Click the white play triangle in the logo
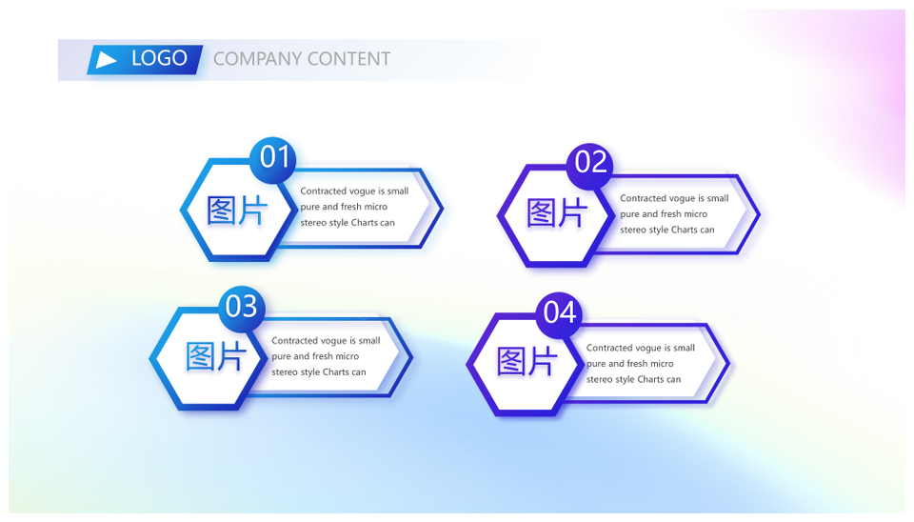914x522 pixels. point(106,59)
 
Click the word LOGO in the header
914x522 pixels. point(159,58)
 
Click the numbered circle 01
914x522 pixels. point(273,159)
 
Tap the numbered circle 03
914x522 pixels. point(242,308)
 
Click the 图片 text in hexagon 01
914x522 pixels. point(237,211)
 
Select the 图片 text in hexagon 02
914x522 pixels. point(556,212)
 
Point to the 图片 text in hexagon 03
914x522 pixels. point(216,356)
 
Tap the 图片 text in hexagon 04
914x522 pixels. point(527,361)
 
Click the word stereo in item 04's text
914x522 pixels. point(599,379)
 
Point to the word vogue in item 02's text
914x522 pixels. point(681,199)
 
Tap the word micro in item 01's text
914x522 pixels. point(375,207)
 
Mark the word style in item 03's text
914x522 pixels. point(309,372)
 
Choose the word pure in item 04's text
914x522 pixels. point(596,364)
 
